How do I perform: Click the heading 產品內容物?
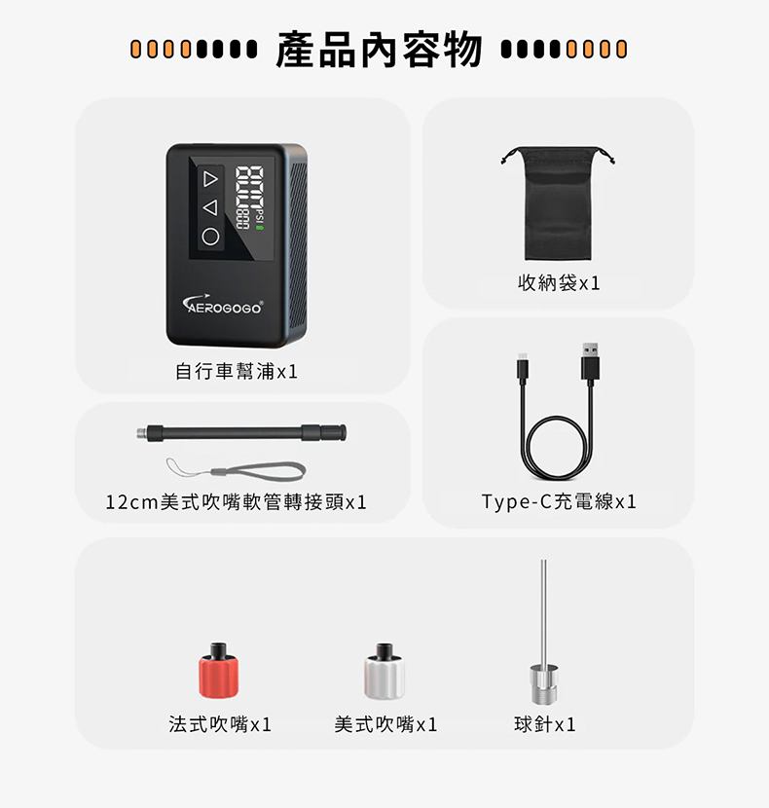point(380,50)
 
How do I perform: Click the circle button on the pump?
point(210,237)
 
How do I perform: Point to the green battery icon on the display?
point(260,226)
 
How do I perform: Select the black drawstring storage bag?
point(558,203)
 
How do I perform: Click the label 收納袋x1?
point(559,283)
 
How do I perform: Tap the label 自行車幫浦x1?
point(237,371)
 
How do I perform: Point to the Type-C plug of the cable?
point(523,368)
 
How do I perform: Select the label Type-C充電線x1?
point(559,501)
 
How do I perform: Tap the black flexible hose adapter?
point(241,433)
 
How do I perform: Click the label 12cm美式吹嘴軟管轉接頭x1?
point(237,502)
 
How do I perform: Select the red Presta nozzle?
point(219,670)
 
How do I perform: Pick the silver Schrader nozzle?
point(384,671)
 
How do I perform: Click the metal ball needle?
point(544,632)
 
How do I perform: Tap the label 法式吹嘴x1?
point(220,724)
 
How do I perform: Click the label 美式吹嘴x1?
point(386,724)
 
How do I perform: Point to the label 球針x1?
point(545,724)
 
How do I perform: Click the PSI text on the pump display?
point(259,214)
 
